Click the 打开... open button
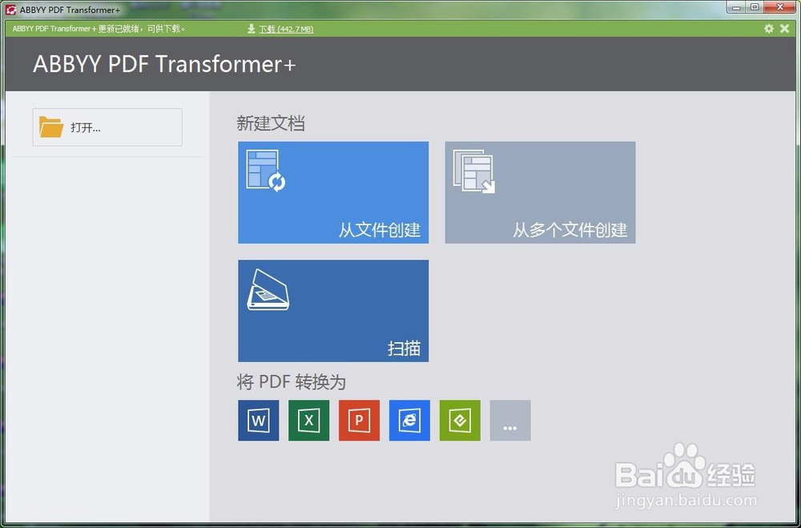pyautogui.click(x=107, y=127)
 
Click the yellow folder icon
pyautogui.click(x=51, y=127)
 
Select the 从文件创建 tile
pyautogui.click(x=333, y=192)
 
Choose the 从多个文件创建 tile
pyautogui.click(x=540, y=192)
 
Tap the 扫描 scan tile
pyautogui.click(x=333, y=311)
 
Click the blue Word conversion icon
pyautogui.click(x=259, y=420)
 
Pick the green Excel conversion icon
pyautogui.click(x=308, y=420)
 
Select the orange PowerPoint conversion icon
pyautogui.click(x=359, y=420)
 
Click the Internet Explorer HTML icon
pyautogui.click(x=409, y=420)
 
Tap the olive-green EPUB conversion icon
pyautogui.click(x=460, y=420)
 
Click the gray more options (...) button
pyautogui.click(x=510, y=420)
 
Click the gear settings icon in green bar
pyautogui.click(x=769, y=29)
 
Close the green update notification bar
pyautogui.click(x=785, y=29)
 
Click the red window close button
pyautogui.click(x=780, y=6)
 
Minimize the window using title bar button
pyautogui.click(x=737, y=6)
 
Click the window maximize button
pyautogui.click(x=754, y=6)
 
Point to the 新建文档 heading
pyautogui.click(x=271, y=123)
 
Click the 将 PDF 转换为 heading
pyautogui.click(x=292, y=382)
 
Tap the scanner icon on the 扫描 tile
pyautogui.click(x=268, y=289)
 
